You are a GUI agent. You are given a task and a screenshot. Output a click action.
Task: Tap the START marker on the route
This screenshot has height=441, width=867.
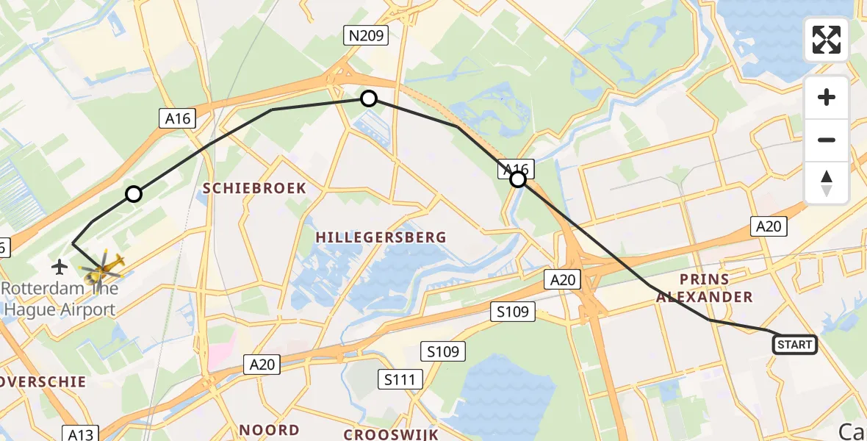pyautogui.click(x=794, y=344)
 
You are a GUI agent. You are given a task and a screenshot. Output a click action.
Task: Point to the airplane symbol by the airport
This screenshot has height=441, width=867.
pyautogui.click(x=60, y=265)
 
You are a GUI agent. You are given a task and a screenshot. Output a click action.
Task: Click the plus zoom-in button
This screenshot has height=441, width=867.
pyautogui.click(x=827, y=97)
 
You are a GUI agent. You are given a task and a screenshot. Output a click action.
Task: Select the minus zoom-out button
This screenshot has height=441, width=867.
pyautogui.click(x=827, y=140)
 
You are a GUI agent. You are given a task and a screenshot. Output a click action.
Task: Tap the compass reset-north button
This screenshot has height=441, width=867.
pyautogui.click(x=827, y=182)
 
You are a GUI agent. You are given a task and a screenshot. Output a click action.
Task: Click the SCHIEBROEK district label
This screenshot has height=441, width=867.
pyautogui.click(x=254, y=188)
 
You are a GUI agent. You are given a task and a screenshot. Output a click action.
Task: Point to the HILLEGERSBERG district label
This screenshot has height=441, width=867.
pyautogui.click(x=381, y=237)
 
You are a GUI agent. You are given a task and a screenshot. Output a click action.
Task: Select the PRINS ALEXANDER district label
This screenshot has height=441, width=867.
pyautogui.click(x=704, y=288)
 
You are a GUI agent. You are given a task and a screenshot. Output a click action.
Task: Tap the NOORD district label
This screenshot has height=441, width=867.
pyautogui.click(x=269, y=430)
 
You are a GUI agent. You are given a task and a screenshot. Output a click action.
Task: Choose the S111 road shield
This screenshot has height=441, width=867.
pyautogui.click(x=400, y=379)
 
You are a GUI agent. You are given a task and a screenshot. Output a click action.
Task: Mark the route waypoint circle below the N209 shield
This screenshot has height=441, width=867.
pyautogui.click(x=369, y=98)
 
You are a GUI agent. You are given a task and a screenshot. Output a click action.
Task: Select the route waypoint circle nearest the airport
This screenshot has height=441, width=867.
pyautogui.click(x=133, y=194)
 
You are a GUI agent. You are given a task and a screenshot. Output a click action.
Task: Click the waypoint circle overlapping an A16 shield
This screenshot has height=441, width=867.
pyautogui.click(x=518, y=179)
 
